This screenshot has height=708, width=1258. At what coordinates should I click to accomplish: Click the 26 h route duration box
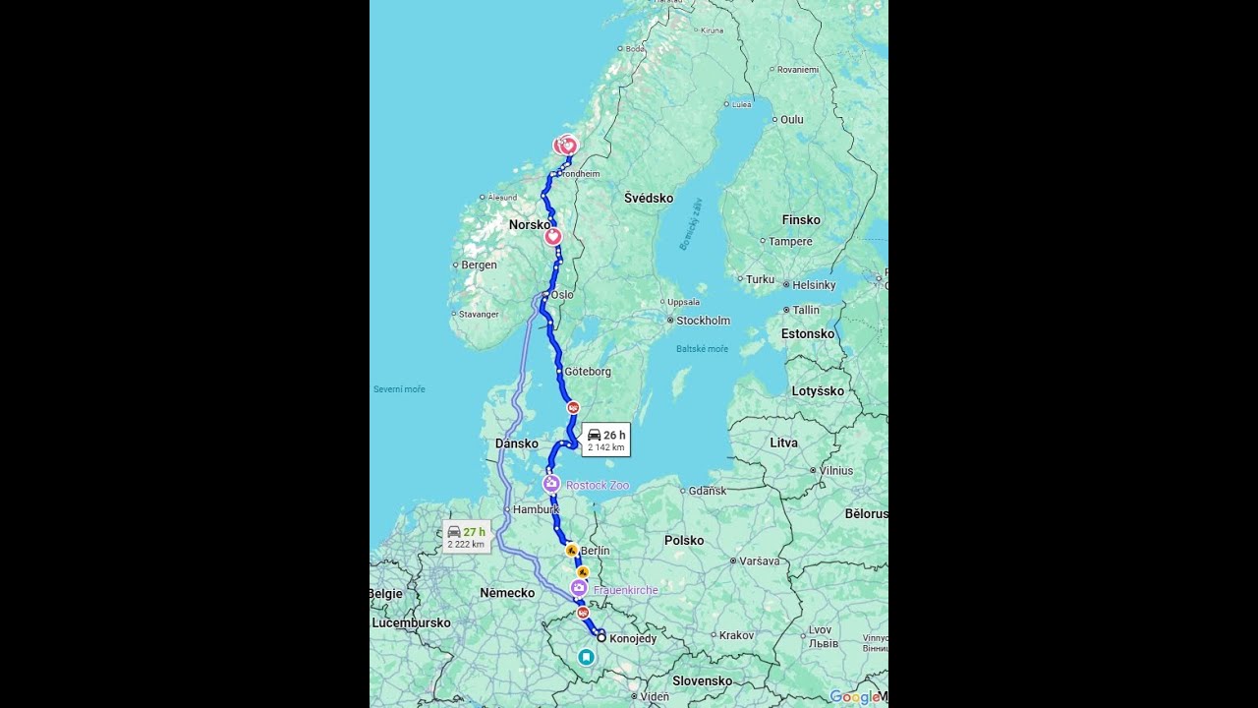pos(605,440)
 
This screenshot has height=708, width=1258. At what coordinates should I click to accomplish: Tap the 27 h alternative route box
pos(466,537)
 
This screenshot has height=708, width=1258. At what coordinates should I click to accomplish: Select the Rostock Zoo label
pos(597,485)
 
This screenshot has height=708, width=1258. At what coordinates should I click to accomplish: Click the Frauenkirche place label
pos(625,590)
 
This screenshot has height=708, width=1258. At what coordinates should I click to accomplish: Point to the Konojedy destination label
pos(633,639)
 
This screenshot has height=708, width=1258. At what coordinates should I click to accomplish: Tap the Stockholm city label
pos(703,321)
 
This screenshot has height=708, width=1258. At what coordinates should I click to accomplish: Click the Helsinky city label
pos(814,285)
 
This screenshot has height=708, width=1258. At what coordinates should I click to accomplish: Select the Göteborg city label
pos(588,372)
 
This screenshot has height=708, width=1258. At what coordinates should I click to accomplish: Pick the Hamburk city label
pos(536,509)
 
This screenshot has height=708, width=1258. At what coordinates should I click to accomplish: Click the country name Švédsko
pos(649,199)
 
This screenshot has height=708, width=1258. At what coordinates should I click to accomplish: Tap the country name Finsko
pos(801,220)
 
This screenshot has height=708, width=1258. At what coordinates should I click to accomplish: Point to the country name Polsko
pos(684,540)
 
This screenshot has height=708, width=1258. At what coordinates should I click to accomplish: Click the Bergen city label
pos(479,265)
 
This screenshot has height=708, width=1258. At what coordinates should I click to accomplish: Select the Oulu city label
pos(791,120)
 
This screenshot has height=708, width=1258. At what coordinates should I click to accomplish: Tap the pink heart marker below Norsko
pos(552,236)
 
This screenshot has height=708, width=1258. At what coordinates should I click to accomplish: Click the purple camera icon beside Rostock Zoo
pos(551,484)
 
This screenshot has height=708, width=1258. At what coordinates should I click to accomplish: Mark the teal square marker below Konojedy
pos(586,656)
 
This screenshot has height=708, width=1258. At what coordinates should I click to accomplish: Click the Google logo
pos(853,697)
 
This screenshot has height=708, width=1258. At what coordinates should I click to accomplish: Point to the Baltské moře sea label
pos(702,349)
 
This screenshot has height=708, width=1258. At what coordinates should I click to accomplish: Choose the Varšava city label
pos(760,560)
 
